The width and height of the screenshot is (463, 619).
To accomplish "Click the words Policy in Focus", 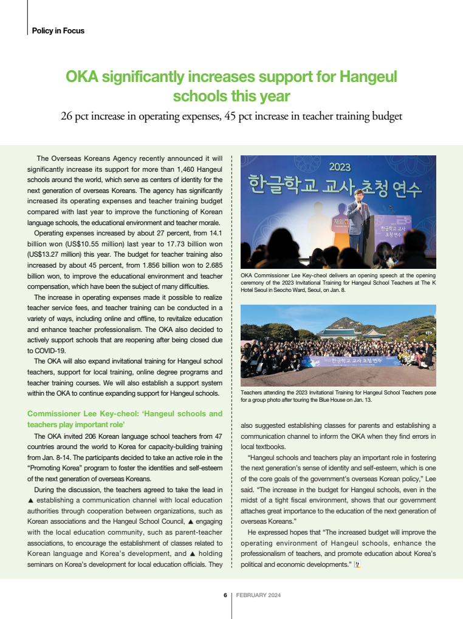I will (x=58, y=30).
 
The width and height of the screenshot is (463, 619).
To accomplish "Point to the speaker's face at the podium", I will (x=359, y=197).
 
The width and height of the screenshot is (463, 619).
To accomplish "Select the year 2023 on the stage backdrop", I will (x=339, y=166).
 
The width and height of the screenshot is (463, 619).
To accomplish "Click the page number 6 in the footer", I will (x=225, y=595).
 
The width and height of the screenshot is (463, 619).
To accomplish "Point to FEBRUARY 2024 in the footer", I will (x=258, y=595).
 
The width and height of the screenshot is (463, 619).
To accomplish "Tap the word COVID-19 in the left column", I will (x=50, y=350).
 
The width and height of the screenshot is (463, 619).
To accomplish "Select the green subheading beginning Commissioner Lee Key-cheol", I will (x=125, y=419).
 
